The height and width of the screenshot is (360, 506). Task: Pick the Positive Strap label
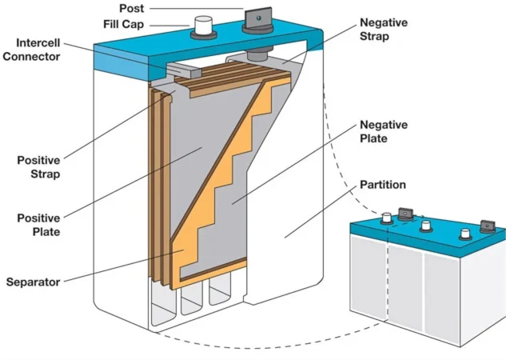click(39, 166)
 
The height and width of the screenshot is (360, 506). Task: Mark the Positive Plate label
click(39, 225)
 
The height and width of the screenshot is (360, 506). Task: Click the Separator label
click(36, 282)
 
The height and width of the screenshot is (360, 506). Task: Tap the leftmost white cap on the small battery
click(386, 217)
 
